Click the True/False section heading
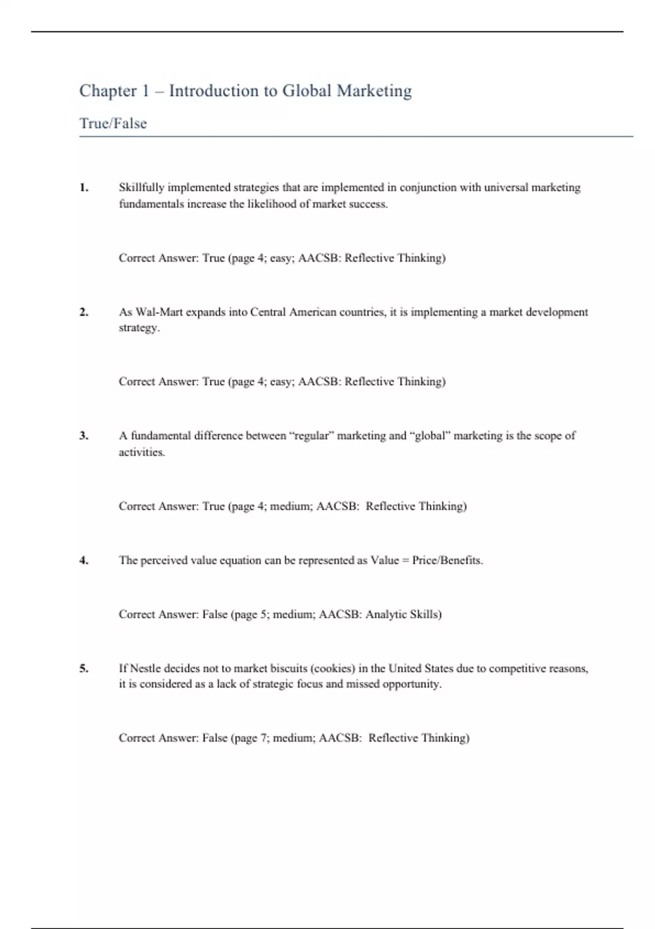coord(113,124)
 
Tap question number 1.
coord(84,187)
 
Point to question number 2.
coord(84,312)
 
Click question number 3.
coord(84,436)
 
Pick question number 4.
coord(84,560)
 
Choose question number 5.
coord(84,668)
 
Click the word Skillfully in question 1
coord(141,187)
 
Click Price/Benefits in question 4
coord(447,560)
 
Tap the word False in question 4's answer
coord(215,614)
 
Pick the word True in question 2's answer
coord(213,381)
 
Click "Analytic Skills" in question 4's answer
coord(403,614)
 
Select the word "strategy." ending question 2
coord(139,328)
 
